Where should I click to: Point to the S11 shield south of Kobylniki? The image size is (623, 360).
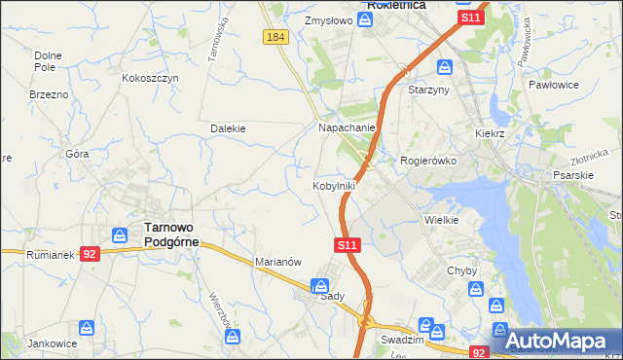pyautogui.click(x=348, y=246)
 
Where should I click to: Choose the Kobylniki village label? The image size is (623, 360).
pyautogui.click(x=333, y=185)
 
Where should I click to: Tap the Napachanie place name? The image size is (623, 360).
pyautogui.click(x=348, y=127)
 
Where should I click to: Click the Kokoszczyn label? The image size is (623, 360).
pyautogui.click(x=150, y=78)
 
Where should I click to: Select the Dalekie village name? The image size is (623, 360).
pyautogui.click(x=228, y=127)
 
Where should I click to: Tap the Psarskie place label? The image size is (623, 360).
pyautogui.click(x=572, y=176)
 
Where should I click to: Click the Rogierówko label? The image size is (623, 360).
pyautogui.click(x=428, y=161)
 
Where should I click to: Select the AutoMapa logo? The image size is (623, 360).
pyautogui.click(x=556, y=341)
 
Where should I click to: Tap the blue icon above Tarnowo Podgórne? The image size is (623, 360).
pyautogui.click(x=120, y=234)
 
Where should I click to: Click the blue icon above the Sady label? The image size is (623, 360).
pyautogui.click(x=319, y=285)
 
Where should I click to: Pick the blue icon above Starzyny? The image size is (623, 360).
pyautogui.click(x=445, y=67)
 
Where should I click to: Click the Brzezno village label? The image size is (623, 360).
pyautogui.click(x=49, y=94)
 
